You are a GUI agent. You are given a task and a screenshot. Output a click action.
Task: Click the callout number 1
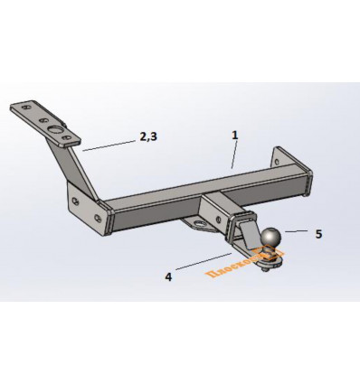coord(234,135)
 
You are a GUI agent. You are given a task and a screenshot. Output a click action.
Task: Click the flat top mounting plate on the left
coord(50,124)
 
